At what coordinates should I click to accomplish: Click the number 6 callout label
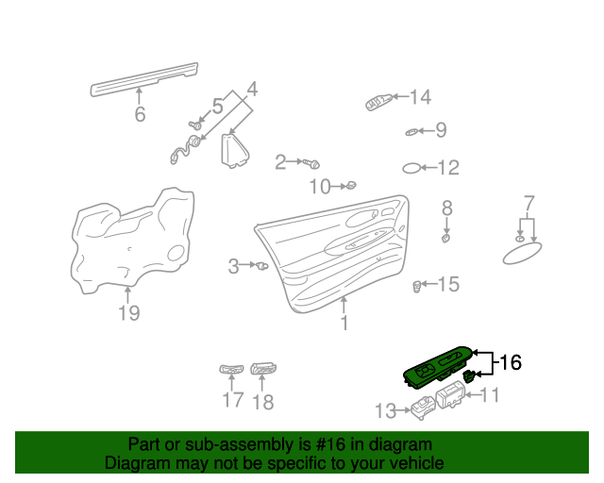[x=140, y=115]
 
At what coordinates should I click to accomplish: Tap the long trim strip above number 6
[x=144, y=77]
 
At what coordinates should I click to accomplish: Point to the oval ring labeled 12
[x=412, y=168]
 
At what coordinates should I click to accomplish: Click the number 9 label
[x=440, y=130]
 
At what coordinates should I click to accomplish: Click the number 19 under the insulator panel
[x=128, y=313]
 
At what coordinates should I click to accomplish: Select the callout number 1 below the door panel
[x=344, y=324]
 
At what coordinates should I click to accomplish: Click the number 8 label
[x=447, y=208]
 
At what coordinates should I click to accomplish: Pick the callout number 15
[x=447, y=284]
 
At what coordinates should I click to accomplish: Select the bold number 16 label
[x=510, y=361]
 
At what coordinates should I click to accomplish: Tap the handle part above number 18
[x=263, y=370]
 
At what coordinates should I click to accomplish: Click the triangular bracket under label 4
[x=233, y=152]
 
